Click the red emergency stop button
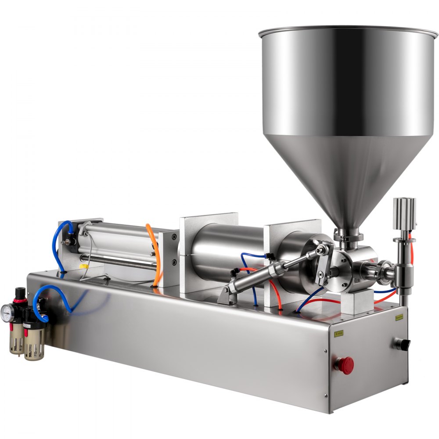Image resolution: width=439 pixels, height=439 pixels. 345,365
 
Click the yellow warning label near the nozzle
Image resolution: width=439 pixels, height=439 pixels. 399,317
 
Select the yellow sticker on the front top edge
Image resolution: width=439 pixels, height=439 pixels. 326,333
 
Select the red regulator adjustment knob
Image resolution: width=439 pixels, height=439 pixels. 20,293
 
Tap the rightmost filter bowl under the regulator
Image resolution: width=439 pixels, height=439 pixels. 34,345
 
